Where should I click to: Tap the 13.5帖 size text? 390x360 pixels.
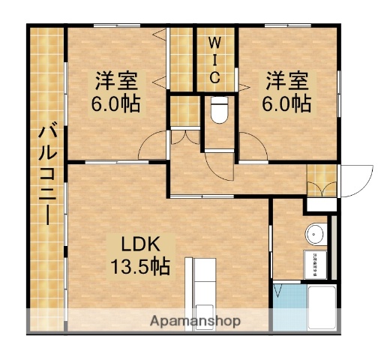point(139,265)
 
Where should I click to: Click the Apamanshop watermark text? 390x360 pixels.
point(195,320)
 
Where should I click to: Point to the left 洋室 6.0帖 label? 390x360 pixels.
point(117,91)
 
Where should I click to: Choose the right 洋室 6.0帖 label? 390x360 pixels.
point(286,91)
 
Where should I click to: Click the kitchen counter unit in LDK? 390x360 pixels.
point(201,289)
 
